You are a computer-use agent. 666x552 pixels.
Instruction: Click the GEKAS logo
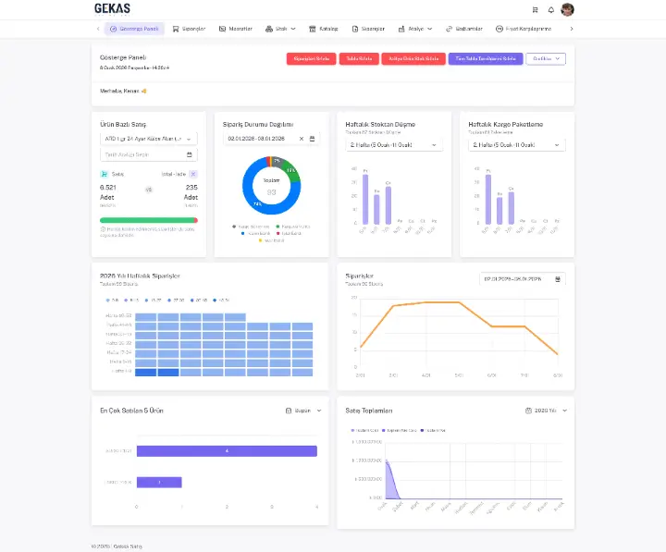click(x=113, y=9)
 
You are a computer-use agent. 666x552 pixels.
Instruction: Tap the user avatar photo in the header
click(x=567, y=9)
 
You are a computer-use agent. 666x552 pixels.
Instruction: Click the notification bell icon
click(x=551, y=10)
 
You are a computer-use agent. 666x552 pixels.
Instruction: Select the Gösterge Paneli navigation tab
click(x=135, y=29)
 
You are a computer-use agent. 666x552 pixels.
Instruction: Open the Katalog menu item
click(x=325, y=29)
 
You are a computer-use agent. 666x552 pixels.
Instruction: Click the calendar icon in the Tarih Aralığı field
click(x=190, y=154)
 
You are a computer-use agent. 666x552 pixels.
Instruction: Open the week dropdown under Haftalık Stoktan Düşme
click(x=393, y=145)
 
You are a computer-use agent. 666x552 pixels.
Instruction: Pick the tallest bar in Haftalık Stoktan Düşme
click(x=365, y=199)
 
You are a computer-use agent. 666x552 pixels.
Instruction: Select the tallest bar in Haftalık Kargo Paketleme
click(x=488, y=199)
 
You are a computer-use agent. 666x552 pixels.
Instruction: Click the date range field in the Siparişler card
click(x=522, y=278)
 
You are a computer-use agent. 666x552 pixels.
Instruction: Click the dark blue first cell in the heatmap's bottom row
click(x=145, y=372)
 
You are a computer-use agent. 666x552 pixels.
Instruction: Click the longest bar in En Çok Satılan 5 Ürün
click(x=227, y=451)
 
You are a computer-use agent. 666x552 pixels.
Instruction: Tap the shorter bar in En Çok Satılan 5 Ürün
click(x=159, y=482)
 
